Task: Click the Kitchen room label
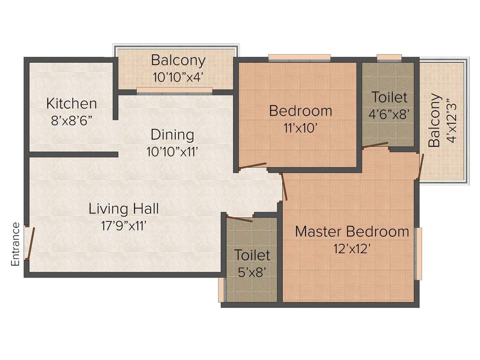pyautogui.click(x=72, y=104)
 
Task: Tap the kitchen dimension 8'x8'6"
pyautogui.click(x=72, y=121)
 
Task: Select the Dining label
pyautogui.click(x=172, y=135)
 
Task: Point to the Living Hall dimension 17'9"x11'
pyautogui.click(x=124, y=226)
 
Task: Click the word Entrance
pyautogui.click(x=15, y=244)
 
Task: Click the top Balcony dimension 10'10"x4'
pyautogui.click(x=178, y=77)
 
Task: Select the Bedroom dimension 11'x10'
pyautogui.click(x=300, y=128)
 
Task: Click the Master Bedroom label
pyautogui.click(x=352, y=232)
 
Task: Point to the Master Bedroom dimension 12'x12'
pyautogui.click(x=352, y=249)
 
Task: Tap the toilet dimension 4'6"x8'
pyautogui.click(x=389, y=114)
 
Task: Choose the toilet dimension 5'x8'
pyautogui.click(x=252, y=272)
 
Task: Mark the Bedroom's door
pyautogui.click(x=253, y=165)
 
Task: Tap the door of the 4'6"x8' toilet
pyautogui.click(x=375, y=145)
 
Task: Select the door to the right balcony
pyautogui.click(x=420, y=165)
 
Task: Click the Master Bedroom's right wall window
pyautogui.click(x=418, y=254)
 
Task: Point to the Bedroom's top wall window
pyautogui.click(x=300, y=58)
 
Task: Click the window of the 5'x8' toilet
pyautogui.click(x=222, y=290)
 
